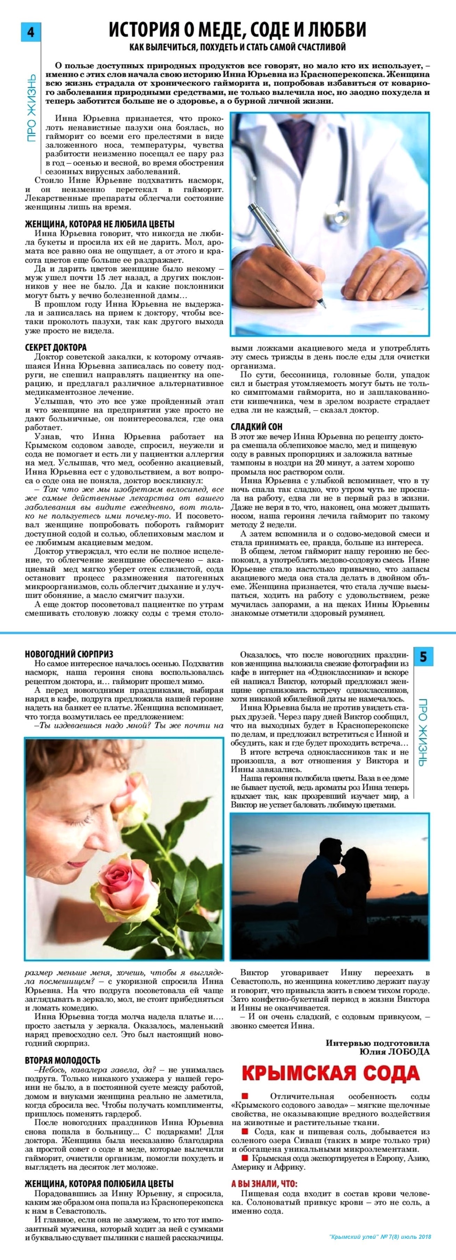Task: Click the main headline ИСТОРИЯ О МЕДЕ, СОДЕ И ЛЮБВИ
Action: point(237,30)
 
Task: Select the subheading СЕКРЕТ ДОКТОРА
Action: point(56,347)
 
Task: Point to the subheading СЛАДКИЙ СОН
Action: point(256,427)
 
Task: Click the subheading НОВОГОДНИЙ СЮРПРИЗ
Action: point(69,654)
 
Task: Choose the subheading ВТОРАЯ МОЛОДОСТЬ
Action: point(63,1061)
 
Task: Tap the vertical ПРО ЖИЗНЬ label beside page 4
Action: point(31,108)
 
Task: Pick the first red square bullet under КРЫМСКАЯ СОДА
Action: point(245,1095)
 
